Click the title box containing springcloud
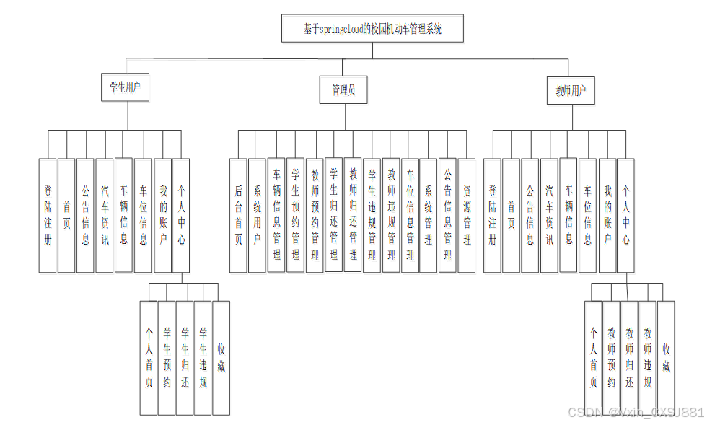372,30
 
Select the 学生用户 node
124,89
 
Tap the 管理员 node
343,91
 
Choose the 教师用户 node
570,91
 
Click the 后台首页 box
238,215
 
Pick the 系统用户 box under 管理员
257,215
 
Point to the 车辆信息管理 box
276,215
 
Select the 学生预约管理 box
295,215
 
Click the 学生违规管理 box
372,215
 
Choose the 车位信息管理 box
410,215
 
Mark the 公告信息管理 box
447,215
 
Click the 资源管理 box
467,215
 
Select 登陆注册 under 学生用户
48,215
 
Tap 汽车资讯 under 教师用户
549,215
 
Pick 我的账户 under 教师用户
607,215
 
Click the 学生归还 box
185,358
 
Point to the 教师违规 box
648,357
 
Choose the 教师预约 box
611,357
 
